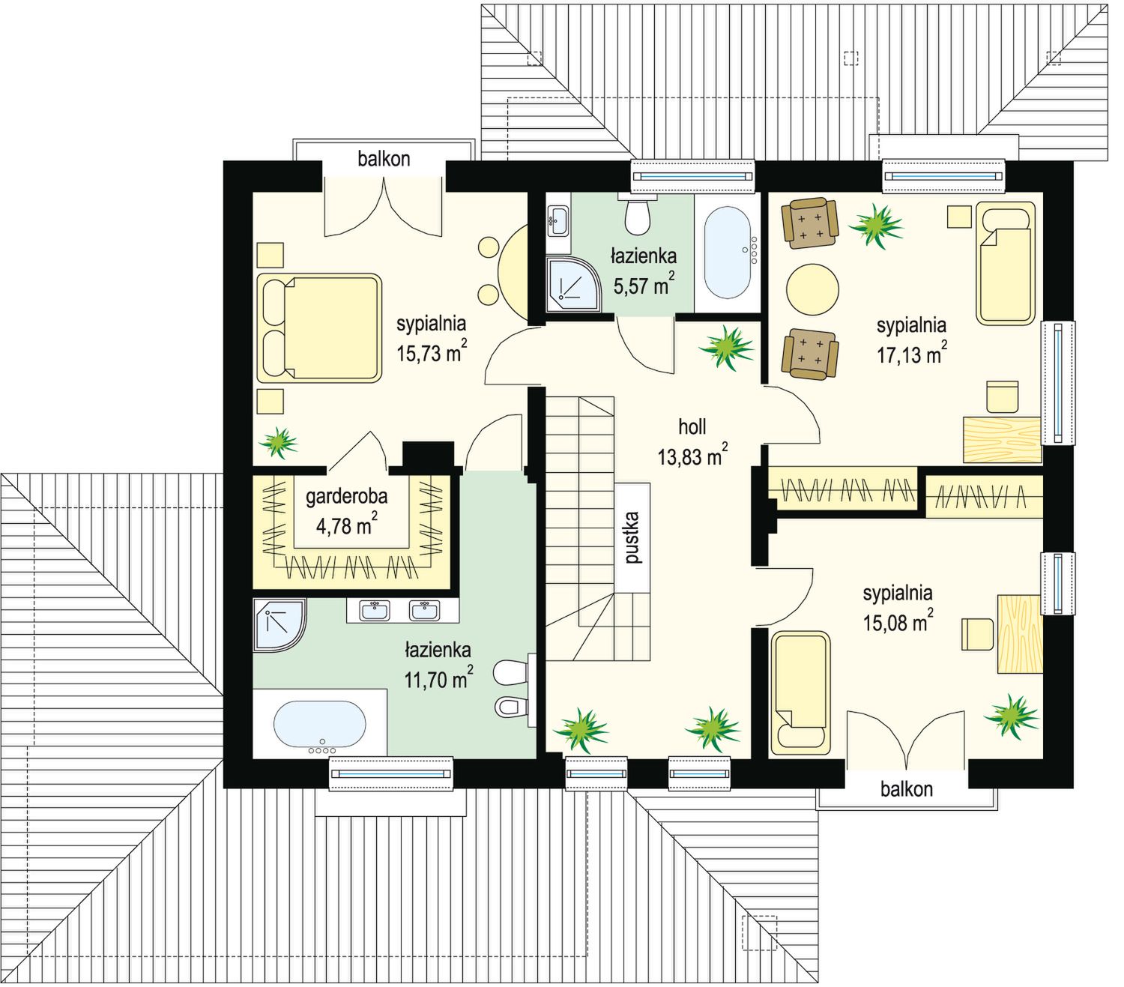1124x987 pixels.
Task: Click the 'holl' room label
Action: tap(692, 426)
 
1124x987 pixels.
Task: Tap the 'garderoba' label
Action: tap(346, 497)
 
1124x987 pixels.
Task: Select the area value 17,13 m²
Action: tap(911, 353)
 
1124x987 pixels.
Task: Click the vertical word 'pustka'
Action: tap(632, 537)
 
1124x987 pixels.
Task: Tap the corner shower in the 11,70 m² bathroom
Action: tap(279, 624)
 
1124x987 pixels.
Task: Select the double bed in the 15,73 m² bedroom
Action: tap(319, 328)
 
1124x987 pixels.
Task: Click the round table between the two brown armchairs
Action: tap(812, 289)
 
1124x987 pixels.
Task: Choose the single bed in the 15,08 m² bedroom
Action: tap(800, 693)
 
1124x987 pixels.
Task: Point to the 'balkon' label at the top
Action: tap(384, 159)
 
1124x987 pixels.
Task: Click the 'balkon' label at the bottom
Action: tap(907, 788)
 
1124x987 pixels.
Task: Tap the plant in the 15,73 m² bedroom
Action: tap(279, 443)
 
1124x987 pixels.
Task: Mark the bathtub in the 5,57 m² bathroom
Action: tap(728, 253)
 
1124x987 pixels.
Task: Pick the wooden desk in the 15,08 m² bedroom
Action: tap(1020, 633)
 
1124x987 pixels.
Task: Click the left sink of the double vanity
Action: tap(375, 610)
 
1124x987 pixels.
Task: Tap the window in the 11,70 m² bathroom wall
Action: tap(391, 774)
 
